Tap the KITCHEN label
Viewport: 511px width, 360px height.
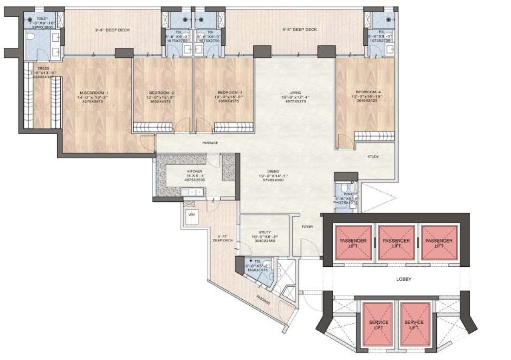click(x=181, y=171)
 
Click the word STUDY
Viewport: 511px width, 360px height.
click(x=373, y=157)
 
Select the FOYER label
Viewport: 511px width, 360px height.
click(x=307, y=227)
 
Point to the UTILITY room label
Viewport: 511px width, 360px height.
click(x=264, y=233)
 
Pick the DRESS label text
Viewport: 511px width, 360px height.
click(x=43, y=68)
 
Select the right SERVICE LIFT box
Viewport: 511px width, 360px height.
click(x=414, y=325)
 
